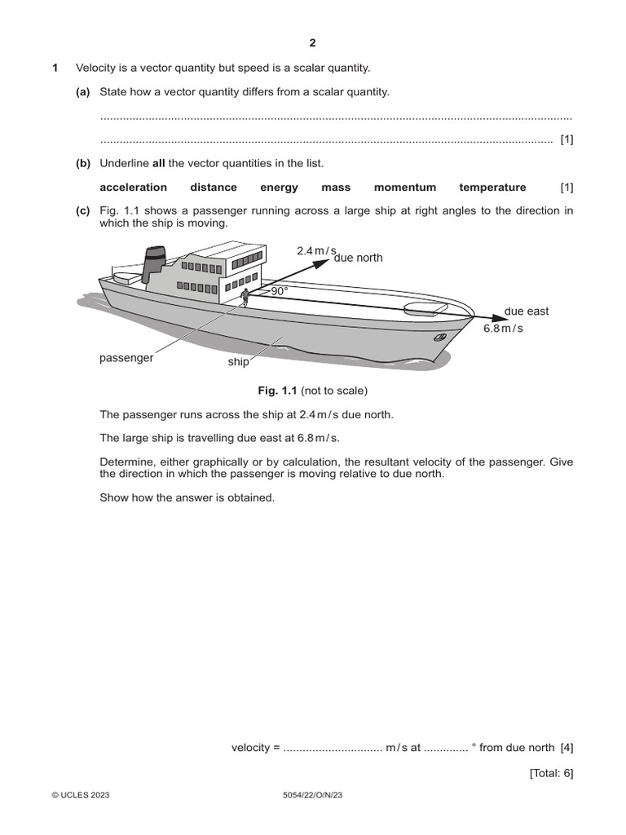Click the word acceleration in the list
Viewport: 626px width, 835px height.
[x=133, y=187]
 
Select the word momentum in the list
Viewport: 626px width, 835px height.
[x=405, y=187]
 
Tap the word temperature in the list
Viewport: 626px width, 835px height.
[x=492, y=187]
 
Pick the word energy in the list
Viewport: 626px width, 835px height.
[x=279, y=187]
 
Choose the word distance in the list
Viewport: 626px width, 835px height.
[x=214, y=187]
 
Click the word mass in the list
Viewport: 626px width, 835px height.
[x=336, y=187]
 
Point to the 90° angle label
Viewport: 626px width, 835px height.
[x=280, y=290]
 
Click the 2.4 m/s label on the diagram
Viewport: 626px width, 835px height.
[x=316, y=250]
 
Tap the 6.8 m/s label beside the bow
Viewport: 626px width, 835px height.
[x=503, y=328]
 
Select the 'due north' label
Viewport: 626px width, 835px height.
[x=358, y=258]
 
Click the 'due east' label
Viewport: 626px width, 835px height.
[x=527, y=311]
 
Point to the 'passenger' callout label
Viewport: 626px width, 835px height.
[x=126, y=358]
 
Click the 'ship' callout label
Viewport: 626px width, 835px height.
[x=238, y=361]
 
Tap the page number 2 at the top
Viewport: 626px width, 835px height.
[x=312, y=43]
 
